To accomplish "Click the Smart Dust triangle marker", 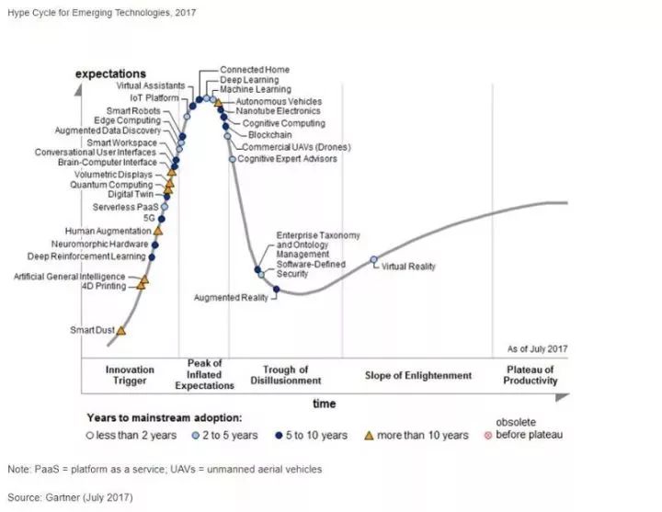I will tap(121, 330).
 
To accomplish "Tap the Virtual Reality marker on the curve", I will tap(373, 260).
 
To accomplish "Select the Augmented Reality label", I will tap(232, 298).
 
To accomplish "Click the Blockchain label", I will tap(269, 135).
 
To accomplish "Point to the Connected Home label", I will tap(255, 70).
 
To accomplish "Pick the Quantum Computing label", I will tap(112, 185).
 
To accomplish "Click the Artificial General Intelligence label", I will tap(70, 277).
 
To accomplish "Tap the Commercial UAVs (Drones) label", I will tap(289, 147).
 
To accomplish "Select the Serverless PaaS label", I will tap(123, 208).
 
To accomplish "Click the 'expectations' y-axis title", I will tap(110, 74).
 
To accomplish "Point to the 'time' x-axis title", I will tap(324, 404).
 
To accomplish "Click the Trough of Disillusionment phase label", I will tap(286, 375).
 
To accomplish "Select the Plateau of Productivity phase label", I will tap(531, 375).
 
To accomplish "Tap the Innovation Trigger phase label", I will tap(130, 375).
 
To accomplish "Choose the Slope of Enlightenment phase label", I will tap(418, 375).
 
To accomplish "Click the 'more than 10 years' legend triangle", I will tap(371, 435).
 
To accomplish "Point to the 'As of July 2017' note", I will tap(538, 349).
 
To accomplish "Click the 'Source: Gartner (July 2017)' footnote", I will tap(71, 497).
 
